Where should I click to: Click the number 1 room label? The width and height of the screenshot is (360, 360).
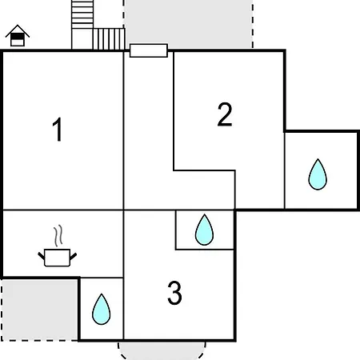(x=58, y=130)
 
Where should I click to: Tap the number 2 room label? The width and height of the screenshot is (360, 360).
(x=225, y=114)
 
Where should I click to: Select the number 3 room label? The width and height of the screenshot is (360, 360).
(x=174, y=293)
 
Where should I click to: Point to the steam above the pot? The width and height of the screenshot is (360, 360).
(x=58, y=235)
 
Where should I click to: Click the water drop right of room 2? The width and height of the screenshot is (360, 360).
(x=318, y=174)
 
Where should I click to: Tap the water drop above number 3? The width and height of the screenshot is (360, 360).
(x=204, y=230)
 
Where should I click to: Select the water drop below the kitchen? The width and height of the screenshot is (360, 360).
(x=101, y=310)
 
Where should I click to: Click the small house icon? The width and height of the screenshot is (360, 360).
(x=18, y=35)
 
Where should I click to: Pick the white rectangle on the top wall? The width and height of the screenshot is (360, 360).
(x=149, y=50)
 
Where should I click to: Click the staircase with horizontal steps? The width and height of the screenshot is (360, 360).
(x=82, y=14)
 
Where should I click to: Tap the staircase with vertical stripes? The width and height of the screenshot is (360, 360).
(x=109, y=39)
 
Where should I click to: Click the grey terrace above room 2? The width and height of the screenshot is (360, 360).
(x=188, y=22)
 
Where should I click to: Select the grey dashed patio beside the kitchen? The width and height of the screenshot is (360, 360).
(x=39, y=310)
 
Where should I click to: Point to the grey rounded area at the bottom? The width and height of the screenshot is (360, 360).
(x=162, y=350)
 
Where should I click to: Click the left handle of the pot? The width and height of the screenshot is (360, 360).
(x=42, y=256)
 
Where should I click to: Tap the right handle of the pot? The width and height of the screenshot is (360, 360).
(x=74, y=256)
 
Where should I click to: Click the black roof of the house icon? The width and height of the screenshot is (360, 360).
(x=18, y=30)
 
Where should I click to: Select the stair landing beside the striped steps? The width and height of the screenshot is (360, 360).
(x=82, y=39)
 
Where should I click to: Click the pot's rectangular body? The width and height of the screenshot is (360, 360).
(x=58, y=258)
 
